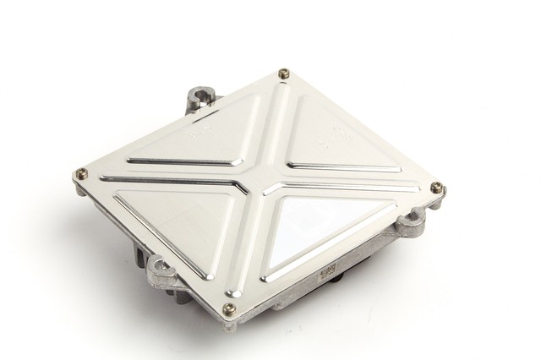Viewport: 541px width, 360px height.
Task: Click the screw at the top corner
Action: tap(283, 73)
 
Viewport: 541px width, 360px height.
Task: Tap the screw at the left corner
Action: tap(81, 174)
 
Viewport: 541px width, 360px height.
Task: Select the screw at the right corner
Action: tap(436, 187)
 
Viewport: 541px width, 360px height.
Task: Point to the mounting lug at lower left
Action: tap(161, 271)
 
